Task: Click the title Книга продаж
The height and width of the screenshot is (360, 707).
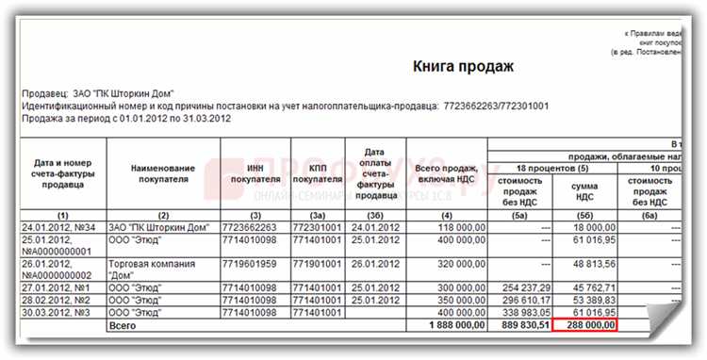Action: pos(463,67)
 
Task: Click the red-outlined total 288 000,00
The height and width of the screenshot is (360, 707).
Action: pos(584,324)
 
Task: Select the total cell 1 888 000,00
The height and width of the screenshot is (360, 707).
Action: pos(445,324)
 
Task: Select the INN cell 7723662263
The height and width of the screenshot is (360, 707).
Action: pos(249,226)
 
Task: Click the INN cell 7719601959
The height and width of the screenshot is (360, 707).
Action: pos(249,264)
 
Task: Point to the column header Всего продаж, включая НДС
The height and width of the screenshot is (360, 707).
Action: pos(445,173)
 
